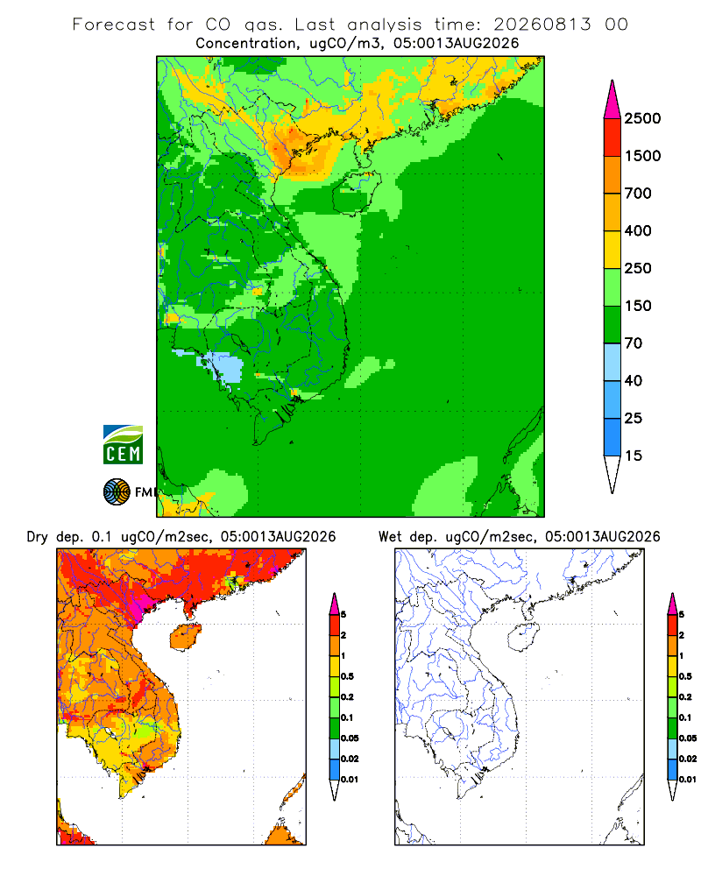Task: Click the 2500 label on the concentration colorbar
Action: [642, 118]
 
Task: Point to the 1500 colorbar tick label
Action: [642, 156]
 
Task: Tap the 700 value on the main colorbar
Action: [638, 194]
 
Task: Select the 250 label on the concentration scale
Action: [638, 268]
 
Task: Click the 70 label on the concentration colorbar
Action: [634, 343]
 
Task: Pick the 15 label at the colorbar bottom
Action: [634, 456]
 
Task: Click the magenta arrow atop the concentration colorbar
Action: [612, 100]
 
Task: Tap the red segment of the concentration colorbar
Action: [612, 138]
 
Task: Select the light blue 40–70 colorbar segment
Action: [612, 362]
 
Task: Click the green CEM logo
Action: [123, 445]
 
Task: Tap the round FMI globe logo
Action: [117, 492]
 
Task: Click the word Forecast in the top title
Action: [114, 25]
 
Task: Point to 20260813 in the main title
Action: [542, 25]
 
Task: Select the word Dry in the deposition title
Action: [38, 537]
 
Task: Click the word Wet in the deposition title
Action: [390, 536]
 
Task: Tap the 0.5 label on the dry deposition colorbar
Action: [347, 676]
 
